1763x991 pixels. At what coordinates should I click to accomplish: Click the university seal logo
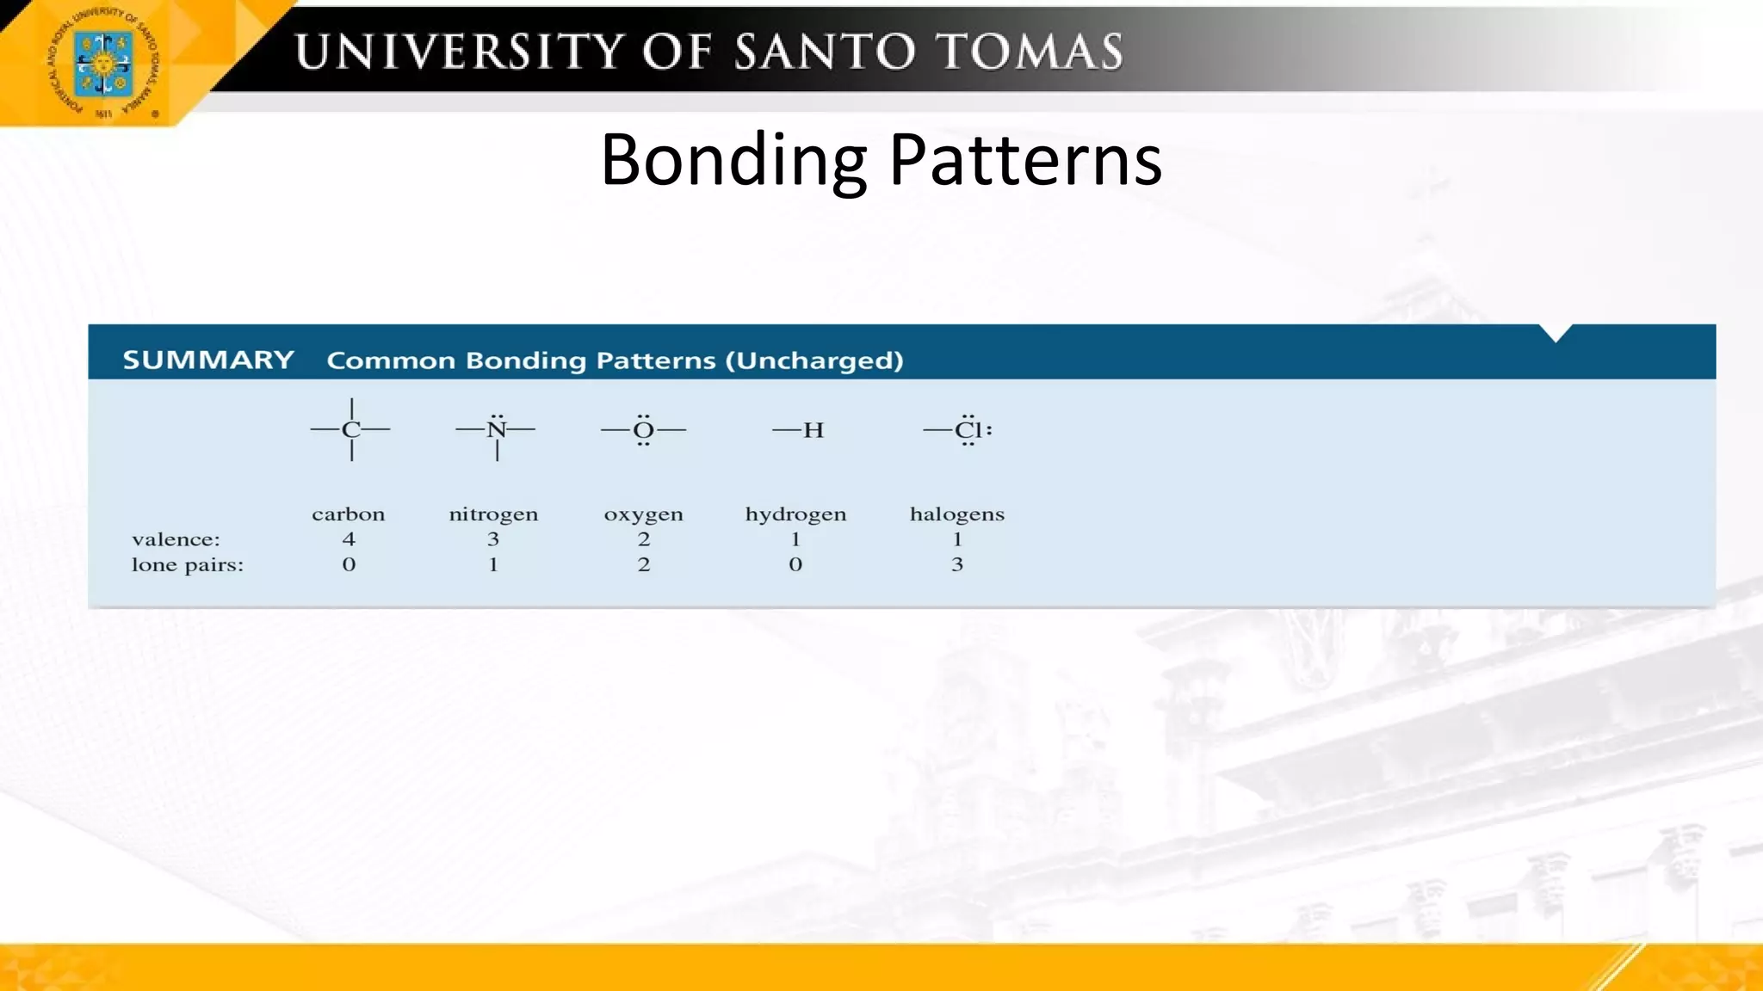103,65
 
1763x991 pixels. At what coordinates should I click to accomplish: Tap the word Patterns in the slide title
1024,160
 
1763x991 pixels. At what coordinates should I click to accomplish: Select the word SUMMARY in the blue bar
208,360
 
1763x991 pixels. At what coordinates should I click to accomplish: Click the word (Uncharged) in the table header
814,360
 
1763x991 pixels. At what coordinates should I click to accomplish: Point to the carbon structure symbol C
350,430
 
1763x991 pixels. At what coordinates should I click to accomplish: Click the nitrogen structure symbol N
496,430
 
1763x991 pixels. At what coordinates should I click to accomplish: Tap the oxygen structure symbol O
643,430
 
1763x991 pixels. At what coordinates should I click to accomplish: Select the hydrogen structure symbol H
813,430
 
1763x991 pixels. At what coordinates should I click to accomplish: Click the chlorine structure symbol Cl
968,430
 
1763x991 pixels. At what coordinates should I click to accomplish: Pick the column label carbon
348,514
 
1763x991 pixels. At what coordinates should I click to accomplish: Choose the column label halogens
956,514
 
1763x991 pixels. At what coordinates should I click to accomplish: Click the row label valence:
176,539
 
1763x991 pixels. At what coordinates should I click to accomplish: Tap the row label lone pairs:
188,565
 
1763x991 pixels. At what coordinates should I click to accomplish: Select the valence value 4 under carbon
349,539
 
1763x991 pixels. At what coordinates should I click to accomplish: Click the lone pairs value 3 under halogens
957,564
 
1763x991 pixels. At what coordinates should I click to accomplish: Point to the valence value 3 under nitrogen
493,539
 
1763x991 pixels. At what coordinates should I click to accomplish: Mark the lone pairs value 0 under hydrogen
795,564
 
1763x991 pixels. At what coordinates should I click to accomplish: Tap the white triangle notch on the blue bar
1556,332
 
